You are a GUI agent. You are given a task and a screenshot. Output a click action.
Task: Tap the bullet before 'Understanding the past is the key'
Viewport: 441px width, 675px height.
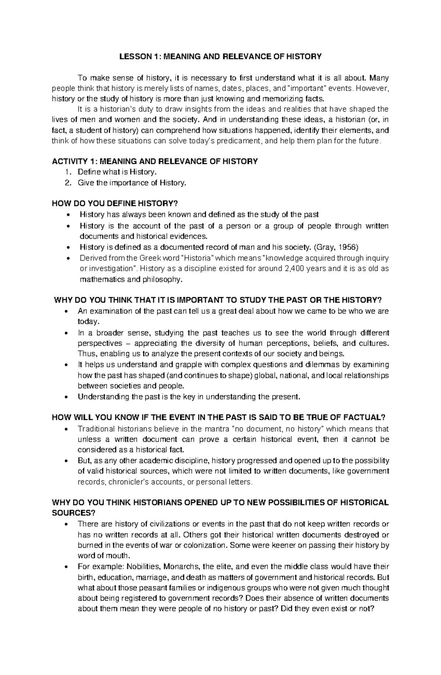[x=66, y=397]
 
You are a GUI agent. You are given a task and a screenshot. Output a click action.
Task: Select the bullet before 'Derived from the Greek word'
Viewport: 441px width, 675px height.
[x=66, y=258]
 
